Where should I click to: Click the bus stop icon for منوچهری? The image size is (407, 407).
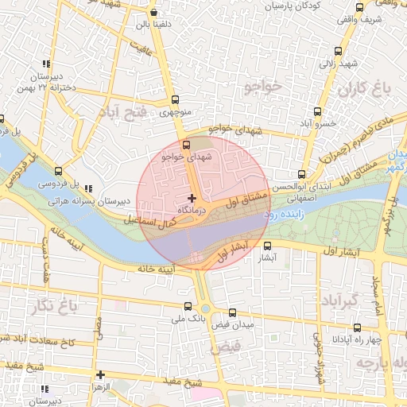tap(175, 99)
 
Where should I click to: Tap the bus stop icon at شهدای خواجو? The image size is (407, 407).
tap(187, 145)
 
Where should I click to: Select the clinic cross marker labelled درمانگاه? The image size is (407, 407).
tap(192, 197)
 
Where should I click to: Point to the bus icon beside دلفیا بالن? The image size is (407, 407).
tap(153, 13)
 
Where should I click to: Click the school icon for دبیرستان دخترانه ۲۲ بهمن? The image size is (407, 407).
tap(45, 64)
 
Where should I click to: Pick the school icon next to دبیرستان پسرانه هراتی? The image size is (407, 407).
tap(87, 189)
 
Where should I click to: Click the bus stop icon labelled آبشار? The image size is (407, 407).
tap(268, 246)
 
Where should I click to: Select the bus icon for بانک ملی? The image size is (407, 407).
tap(188, 306)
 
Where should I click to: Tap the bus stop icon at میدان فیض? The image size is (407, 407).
tap(232, 313)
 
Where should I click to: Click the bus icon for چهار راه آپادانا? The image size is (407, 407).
tap(356, 327)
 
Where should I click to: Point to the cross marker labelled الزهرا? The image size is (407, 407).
tap(100, 374)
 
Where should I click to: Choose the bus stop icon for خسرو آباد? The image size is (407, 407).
tap(317, 111)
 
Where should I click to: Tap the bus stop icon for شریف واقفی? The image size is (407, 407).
tap(359, 7)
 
